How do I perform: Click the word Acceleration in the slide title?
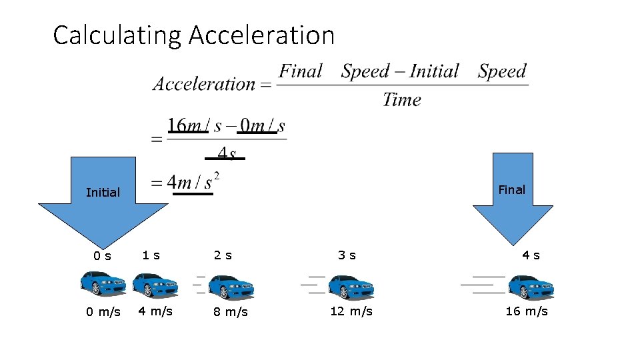coord(261,35)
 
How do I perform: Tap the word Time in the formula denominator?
coord(402,100)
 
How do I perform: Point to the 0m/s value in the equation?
coord(262,125)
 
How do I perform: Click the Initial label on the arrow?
coord(103,193)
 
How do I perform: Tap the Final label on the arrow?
coord(512,190)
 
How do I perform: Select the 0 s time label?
coord(102,255)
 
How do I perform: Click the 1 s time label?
coord(151,255)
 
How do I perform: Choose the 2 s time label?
coord(223,255)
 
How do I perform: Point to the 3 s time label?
coord(347,255)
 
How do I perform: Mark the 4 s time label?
coord(531,255)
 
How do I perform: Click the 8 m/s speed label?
coord(231,312)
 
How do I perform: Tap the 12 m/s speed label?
coord(351,311)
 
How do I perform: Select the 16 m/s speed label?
coord(527,311)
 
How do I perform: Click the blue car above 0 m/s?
coord(103,283)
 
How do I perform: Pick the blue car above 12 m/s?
coord(351,287)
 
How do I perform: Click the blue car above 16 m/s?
coord(531,287)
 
